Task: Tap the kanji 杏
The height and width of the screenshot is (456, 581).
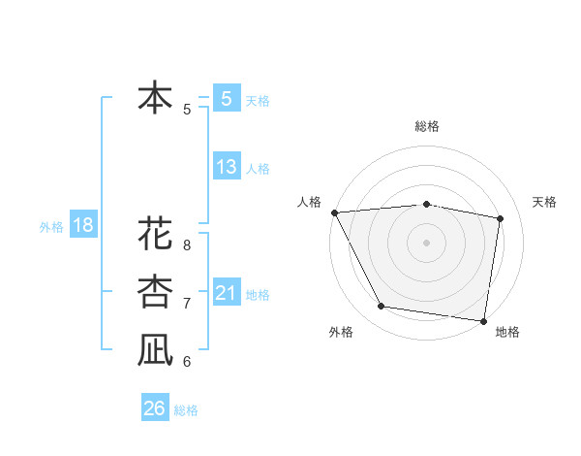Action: (x=155, y=291)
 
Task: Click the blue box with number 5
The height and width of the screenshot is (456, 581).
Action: (x=226, y=99)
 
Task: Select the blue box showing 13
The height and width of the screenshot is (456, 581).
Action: (x=226, y=167)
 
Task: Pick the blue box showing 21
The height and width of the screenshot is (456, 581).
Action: (x=226, y=292)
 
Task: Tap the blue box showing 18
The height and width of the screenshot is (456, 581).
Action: (x=82, y=226)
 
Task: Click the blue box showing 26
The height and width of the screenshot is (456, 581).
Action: (x=154, y=408)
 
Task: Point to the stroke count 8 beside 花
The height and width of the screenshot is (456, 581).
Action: (x=187, y=244)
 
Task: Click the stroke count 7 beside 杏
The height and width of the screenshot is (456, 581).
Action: (x=187, y=304)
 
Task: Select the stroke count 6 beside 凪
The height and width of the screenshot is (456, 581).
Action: (x=187, y=362)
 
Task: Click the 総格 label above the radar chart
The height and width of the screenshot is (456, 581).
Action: (x=427, y=126)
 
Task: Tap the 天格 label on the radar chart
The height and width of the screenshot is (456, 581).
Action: (x=545, y=202)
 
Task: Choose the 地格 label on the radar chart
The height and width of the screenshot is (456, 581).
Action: (x=507, y=332)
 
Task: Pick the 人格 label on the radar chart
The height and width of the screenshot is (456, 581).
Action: (x=309, y=202)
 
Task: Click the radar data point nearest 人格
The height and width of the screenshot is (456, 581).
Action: (x=334, y=212)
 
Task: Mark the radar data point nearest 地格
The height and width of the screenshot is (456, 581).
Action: (x=483, y=320)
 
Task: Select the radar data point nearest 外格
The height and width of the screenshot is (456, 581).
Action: (x=382, y=307)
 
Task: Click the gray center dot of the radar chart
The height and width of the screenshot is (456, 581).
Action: (x=427, y=243)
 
